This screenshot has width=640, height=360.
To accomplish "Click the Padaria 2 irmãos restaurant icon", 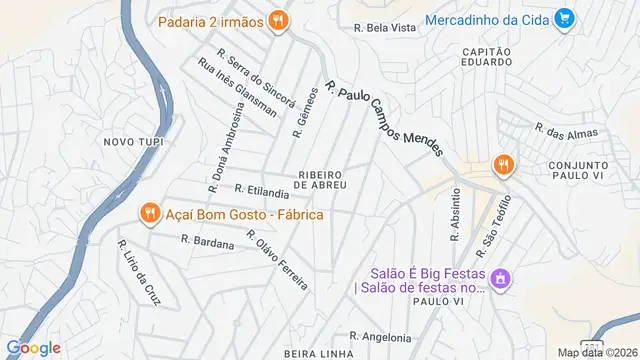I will click(279, 19).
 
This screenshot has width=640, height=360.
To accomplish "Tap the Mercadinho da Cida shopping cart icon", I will click(564, 18).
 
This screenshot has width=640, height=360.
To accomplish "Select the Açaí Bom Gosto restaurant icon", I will click(149, 212).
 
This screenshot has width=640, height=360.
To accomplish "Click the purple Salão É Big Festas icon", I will click(503, 278).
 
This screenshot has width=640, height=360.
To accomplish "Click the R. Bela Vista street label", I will click(385, 28).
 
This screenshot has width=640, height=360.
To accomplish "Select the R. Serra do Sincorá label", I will click(256, 78).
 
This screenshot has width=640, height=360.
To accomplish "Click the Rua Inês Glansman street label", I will click(237, 88).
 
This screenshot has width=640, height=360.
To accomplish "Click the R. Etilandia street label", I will click(262, 189).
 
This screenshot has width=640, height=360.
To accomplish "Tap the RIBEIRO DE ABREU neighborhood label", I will click(321, 179).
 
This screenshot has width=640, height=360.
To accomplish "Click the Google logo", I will click(34, 348).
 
